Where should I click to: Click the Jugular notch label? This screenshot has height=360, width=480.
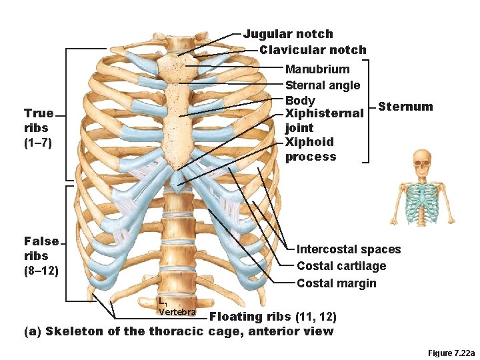click(288, 34)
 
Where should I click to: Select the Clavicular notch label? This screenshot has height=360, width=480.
click(313, 50)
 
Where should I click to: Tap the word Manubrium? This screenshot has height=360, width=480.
click(317, 69)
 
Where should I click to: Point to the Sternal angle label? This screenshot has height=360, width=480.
click(323, 85)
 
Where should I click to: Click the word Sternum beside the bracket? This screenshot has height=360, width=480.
click(405, 107)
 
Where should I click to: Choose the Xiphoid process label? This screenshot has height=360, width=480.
click(311, 149)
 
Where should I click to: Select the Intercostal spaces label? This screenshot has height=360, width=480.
click(349, 249)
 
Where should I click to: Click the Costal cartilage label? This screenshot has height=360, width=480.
click(341, 266)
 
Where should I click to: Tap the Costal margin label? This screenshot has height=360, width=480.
click(337, 283)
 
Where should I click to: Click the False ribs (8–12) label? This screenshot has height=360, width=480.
click(41, 256)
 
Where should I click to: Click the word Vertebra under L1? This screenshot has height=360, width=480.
click(177, 313)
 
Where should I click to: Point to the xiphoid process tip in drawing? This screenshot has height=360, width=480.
click(177, 181)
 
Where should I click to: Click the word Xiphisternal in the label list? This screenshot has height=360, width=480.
click(324, 114)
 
